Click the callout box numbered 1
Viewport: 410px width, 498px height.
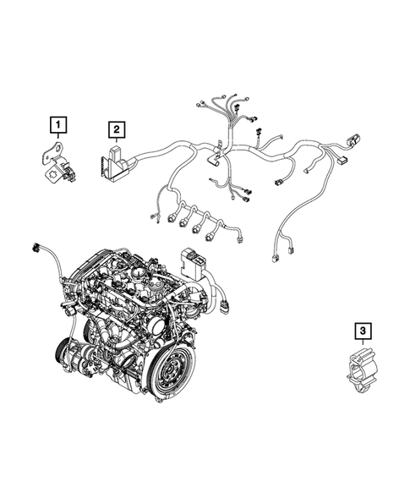[58, 128]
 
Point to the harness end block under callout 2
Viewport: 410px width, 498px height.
[116, 162]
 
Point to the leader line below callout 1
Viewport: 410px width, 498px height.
[58, 140]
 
